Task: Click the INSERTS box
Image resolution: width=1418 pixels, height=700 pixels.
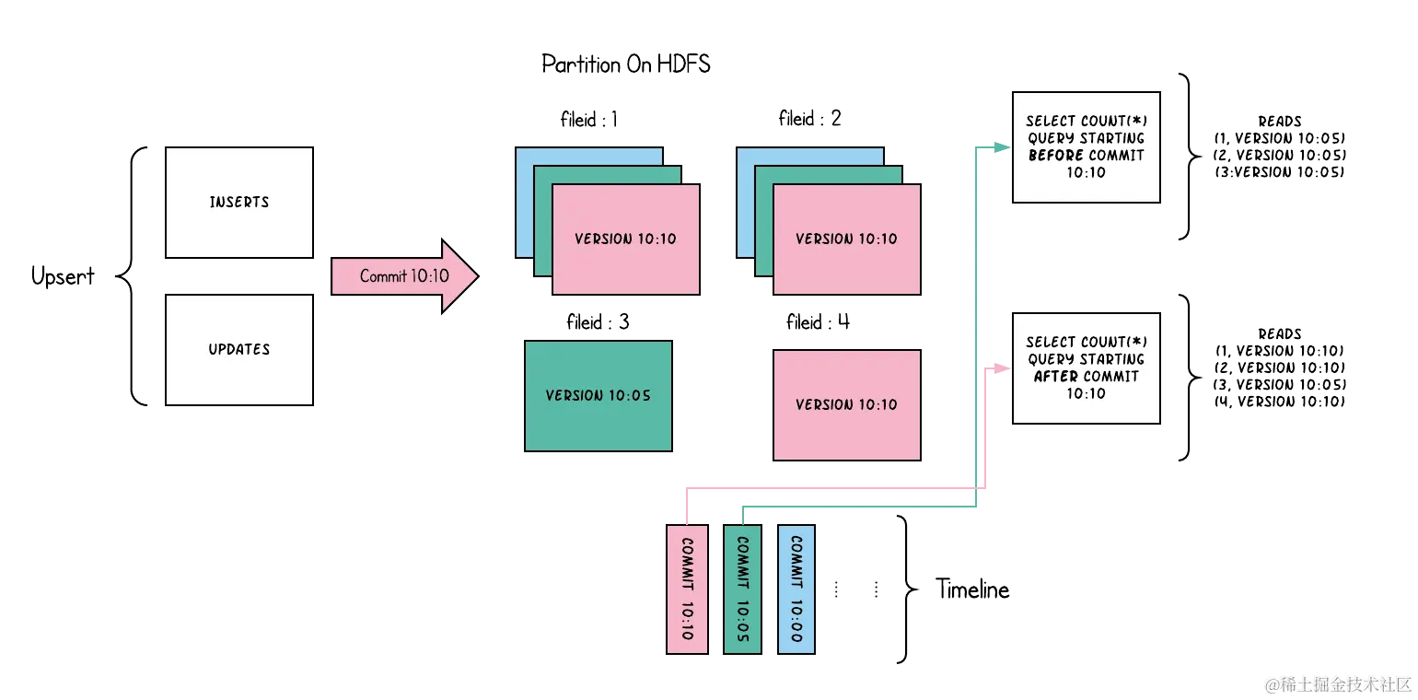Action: pos(239,203)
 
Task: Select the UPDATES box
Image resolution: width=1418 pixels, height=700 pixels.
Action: pos(239,350)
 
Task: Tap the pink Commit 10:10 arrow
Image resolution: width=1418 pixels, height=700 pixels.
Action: pos(404,276)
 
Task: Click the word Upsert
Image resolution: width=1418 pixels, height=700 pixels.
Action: pos(63,276)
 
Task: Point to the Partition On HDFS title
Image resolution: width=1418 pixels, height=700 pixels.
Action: pos(626,64)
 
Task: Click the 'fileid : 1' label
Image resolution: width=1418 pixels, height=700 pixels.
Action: pos(588,119)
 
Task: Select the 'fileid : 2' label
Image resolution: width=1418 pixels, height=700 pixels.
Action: pos(809,119)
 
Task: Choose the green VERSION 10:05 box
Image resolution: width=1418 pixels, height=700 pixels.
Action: pos(599,396)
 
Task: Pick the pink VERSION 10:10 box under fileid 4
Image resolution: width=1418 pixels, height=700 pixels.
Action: pos(847,404)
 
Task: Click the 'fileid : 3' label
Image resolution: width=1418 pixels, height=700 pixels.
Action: pos(598,321)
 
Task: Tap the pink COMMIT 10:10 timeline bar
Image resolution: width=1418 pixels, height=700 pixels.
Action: pos(688,589)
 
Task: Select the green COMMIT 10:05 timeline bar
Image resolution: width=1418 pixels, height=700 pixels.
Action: pos(742,589)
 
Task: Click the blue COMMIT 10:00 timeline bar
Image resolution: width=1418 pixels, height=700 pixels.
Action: pos(796,589)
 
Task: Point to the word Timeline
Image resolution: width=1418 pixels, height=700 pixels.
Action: pos(972,589)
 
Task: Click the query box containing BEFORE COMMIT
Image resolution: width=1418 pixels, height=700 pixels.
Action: pos(1087,147)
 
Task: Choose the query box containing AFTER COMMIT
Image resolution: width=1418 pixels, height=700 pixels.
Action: pos(1087,368)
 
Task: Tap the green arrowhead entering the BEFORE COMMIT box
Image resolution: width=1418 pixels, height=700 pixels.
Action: pos(1003,147)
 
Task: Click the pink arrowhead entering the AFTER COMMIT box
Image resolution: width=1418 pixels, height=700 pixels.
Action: pos(1003,368)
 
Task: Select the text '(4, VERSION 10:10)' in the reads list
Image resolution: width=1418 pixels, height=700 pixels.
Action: pos(1279,402)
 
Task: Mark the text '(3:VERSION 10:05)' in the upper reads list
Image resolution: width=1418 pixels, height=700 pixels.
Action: pos(1279,172)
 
